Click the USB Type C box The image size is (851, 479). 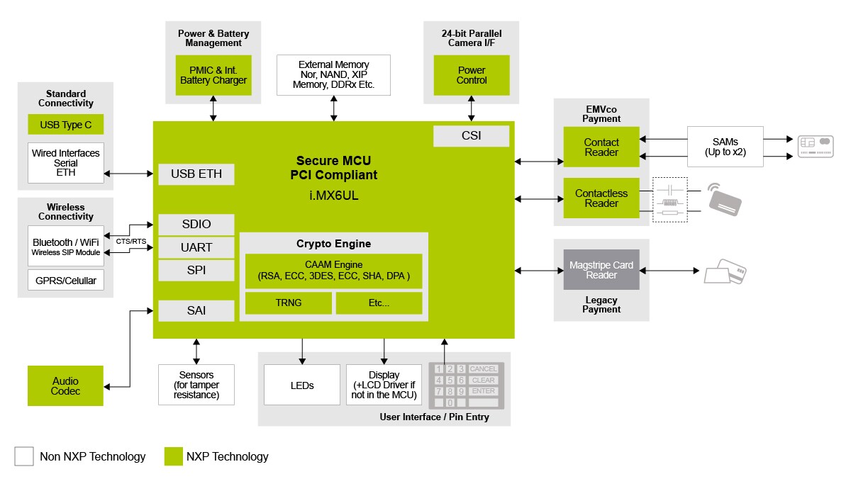(65, 125)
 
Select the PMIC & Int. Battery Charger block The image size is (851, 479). (213, 75)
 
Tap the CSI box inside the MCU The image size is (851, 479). (471, 135)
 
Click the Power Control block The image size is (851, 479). (472, 75)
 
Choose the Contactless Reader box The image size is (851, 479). (601, 198)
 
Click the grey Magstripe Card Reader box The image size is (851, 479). (601, 270)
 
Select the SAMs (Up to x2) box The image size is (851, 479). (725, 147)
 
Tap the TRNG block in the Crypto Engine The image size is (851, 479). (288, 303)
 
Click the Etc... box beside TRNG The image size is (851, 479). (379, 303)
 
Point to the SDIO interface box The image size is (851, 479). (196, 225)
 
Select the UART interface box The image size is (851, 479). (196, 247)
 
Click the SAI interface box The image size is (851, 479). (196, 310)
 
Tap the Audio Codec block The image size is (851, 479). (65, 386)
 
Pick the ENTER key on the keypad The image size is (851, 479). (484, 391)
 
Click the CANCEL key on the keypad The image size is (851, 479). (484, 368)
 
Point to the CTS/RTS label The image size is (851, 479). (131, 242)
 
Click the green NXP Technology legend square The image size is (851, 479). (174, 456)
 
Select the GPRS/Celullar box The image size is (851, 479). (65, 280)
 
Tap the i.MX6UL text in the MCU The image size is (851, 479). (333, 196)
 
